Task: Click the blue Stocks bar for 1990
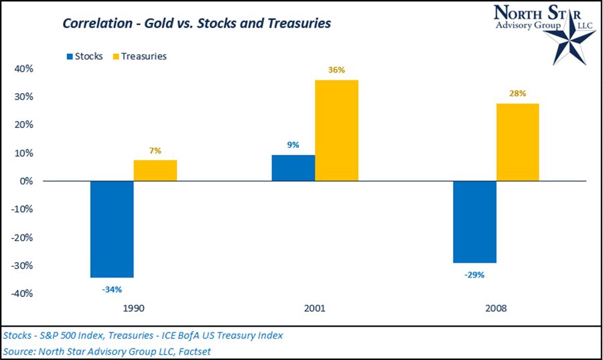point(112,229)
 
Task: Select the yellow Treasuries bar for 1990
point(155,170)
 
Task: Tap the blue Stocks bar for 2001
point(293,168)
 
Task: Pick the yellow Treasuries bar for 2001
point(337,130)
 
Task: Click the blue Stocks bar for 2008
point(474,221)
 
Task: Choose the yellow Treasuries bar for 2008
point(518,141)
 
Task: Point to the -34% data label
point(112,290)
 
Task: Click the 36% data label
point(337,69)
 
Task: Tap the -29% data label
point(474,274)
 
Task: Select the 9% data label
point(293,144)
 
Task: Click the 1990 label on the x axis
point(133,309)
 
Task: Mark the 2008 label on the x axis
point(496,309)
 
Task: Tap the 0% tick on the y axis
point(26,181)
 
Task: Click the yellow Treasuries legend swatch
point(115,56)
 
